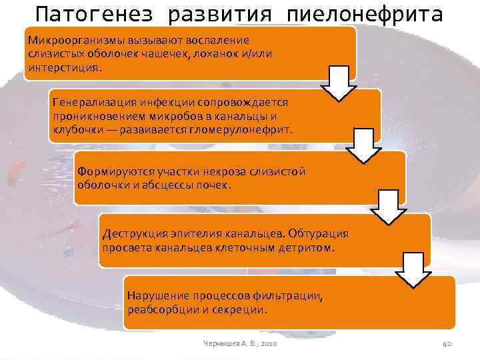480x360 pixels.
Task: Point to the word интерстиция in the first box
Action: click(63, 67)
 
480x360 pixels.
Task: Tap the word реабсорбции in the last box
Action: click(160, 309)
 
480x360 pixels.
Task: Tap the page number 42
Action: click(447, 343)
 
